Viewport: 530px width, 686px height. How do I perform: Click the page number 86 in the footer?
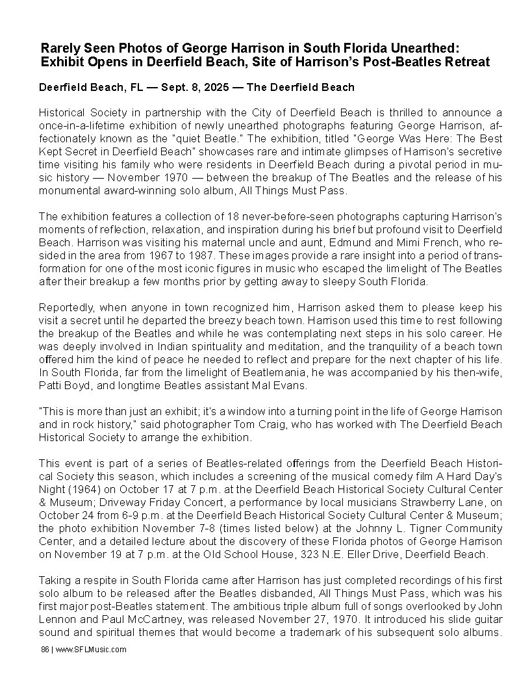click(x=44, y=649)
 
